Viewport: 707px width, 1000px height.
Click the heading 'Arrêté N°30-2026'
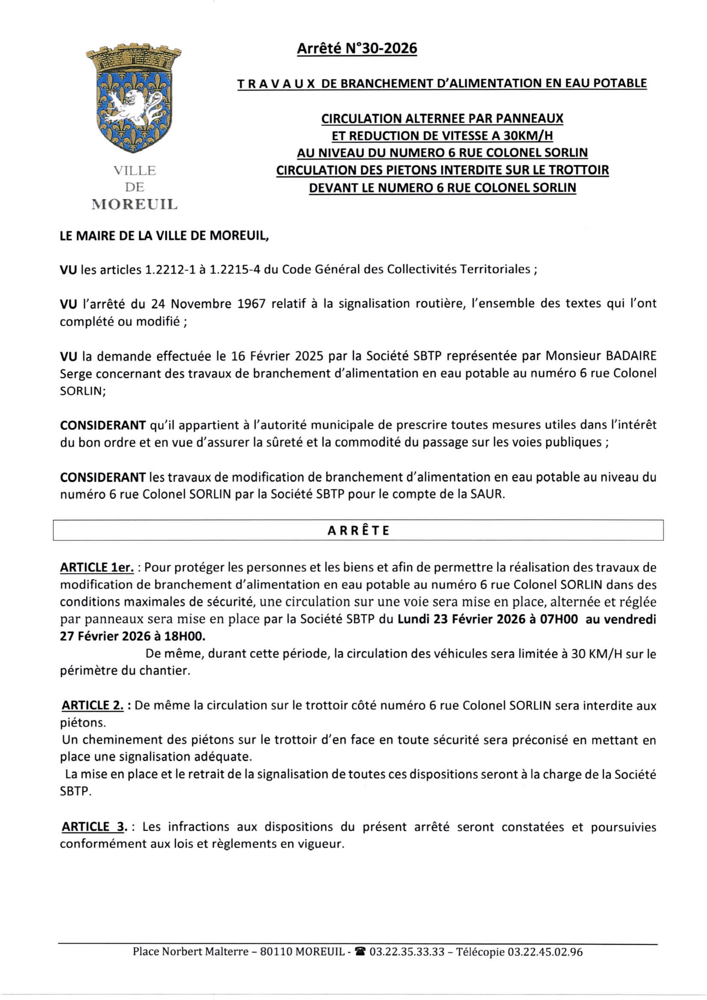pos(356,48)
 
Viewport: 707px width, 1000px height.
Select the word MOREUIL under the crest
pos(135,204)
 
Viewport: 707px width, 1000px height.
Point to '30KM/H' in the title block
pos(527,136)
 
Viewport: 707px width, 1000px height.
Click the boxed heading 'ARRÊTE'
pos(358,530)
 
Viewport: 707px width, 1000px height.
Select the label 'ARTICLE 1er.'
pos(97,568)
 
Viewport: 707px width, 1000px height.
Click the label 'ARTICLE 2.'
pos(93,705)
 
